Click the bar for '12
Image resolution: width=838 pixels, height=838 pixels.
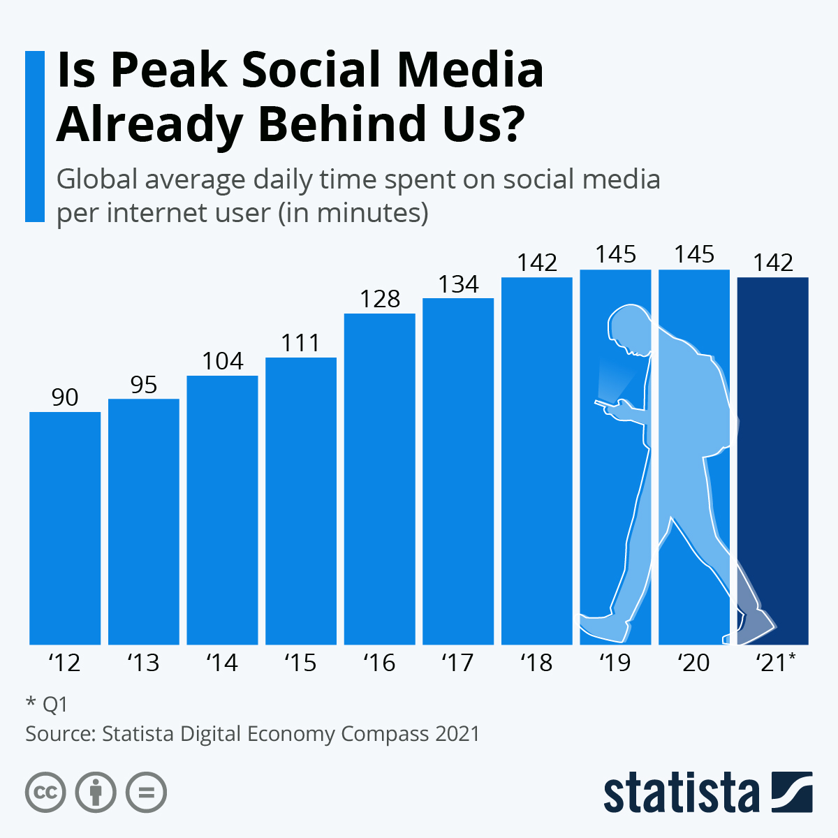click(x=65, y=528)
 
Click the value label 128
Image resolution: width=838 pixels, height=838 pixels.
click(x=380, y=299)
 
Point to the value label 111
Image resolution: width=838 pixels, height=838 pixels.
click(x=301, y=343)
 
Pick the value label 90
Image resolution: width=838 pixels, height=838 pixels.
click(x=65, y=397)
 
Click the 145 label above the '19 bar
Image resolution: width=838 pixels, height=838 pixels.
click(x=615, y=254)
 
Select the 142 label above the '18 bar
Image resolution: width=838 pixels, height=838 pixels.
click(x=537, y=263)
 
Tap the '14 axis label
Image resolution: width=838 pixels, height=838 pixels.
click(x=222, y=662)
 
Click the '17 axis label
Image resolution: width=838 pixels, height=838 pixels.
click(x=458, y=662)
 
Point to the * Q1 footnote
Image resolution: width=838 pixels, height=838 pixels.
click(x=47, y=704)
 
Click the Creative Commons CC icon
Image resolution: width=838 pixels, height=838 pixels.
click(x=45, y=793)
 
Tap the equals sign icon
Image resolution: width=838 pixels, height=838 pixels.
click(x=147, y=793)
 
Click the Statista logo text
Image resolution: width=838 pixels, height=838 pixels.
click(x=681, y=793)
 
